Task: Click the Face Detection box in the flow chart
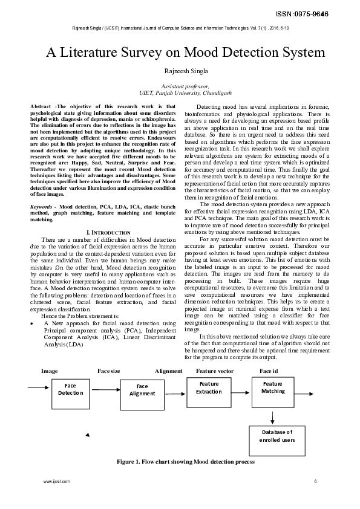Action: (70, 389)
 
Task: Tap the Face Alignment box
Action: (142, 390)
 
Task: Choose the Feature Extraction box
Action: (209, 387)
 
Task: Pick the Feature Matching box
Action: (273, 387)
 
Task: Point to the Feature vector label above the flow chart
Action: (215, 371)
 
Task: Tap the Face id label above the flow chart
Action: (269, 371)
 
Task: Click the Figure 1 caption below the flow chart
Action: (186, 461)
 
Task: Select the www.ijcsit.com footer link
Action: (57, 481)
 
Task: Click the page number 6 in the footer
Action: (315, 481)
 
